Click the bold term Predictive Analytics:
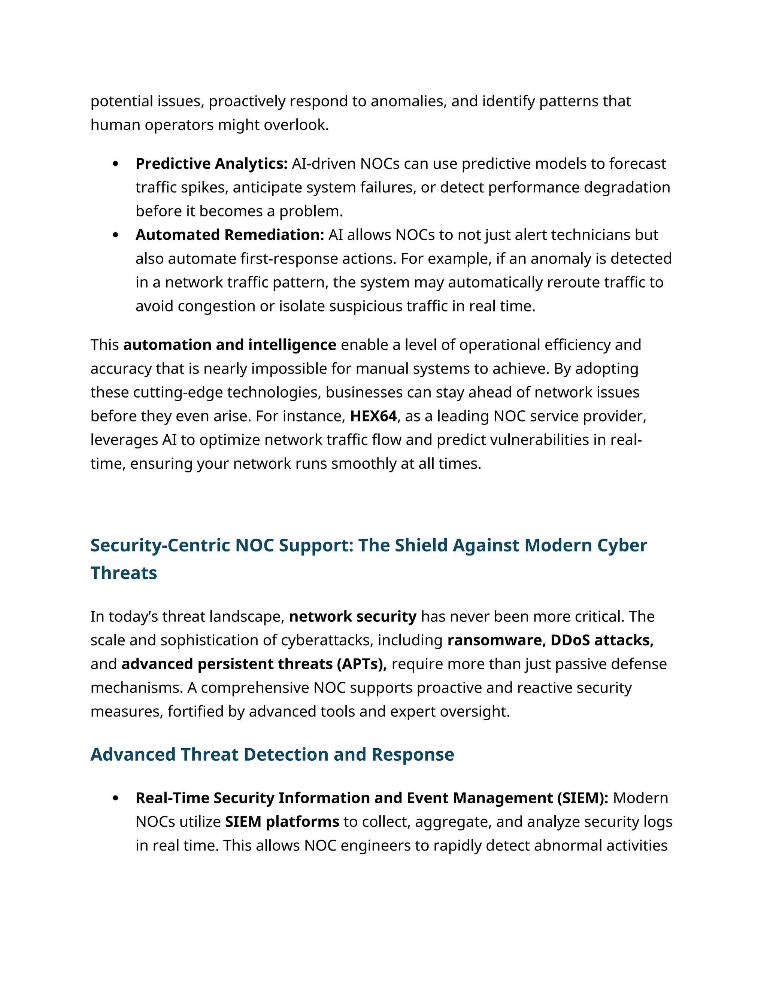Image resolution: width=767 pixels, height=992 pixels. pos(211,164)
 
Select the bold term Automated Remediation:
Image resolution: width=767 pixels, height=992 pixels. pos(230,235)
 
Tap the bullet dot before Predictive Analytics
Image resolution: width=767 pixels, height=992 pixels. pos(115,164)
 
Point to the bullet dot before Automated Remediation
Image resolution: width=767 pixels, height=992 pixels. pos(115,235)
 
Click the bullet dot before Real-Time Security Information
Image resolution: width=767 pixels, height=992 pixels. pos(115,798)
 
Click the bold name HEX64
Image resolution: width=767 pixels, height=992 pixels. pos(373,416)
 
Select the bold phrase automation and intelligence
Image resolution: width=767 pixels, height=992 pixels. pos(230,345)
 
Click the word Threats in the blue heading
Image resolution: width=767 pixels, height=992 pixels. pos(124,573)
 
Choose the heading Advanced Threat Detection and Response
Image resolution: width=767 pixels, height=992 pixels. pos(272,754)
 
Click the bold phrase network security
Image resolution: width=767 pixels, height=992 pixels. pos(352,617)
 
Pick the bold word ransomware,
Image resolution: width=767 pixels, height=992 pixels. pos(497,640)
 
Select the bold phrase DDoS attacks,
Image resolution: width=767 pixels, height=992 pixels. pos(602,640)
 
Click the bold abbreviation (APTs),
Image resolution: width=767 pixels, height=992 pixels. pos(362,664)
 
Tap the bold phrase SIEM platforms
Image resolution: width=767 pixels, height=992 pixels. pos(282,822)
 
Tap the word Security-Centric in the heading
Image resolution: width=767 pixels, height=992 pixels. pos(160,545)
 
